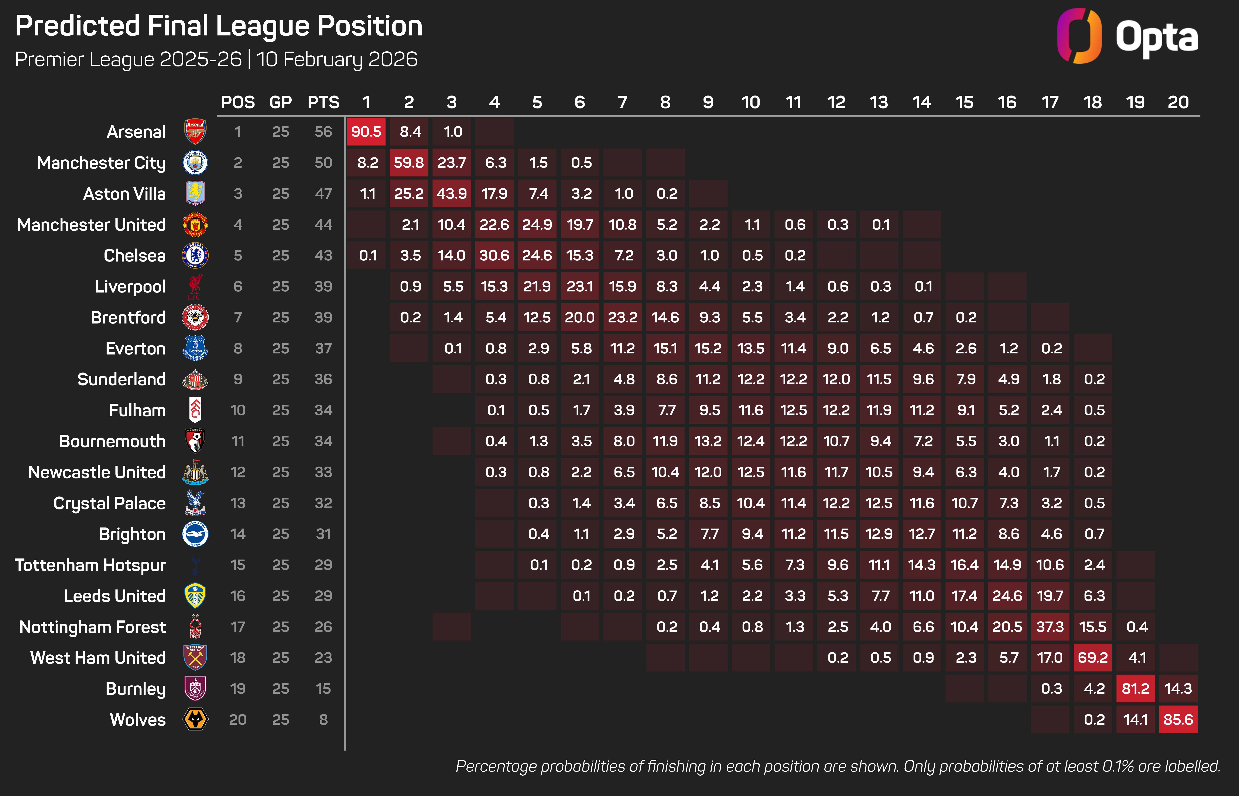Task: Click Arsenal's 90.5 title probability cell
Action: [366, 132]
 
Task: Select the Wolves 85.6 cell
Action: [1178, 720]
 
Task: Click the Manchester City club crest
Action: [195, 163]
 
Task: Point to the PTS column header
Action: [323, 102]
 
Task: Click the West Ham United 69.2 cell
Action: [1093, 657]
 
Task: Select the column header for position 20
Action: [1178, 102]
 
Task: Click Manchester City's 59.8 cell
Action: [408, 163]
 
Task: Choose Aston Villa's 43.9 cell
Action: [451, 194]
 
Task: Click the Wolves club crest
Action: [195, 720]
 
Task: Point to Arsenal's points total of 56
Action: [323, 132]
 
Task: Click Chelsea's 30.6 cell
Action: [494, 255]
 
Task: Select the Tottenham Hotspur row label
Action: [90, 565]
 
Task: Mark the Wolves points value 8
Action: [323, 720]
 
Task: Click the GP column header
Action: [281, 102]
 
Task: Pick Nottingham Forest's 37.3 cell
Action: [1050, 627]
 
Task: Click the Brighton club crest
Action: [195, 534]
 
